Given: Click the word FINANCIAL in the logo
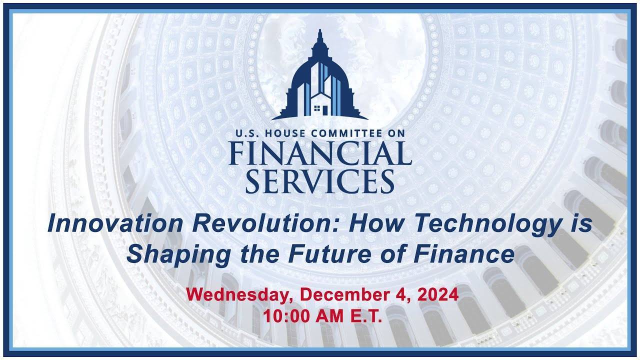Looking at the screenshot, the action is coord(320,153).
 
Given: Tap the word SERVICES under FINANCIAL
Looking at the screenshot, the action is coord(320,181).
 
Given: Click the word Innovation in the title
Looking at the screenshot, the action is coord(115,223).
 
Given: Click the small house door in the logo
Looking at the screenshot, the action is coord(325,109).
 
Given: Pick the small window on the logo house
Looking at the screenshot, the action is coord(317,108).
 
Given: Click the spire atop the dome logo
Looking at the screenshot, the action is coord(320,35).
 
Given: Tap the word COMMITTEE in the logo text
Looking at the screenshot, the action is coord(341,133).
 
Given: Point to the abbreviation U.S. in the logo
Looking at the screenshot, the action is coord(247,133).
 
